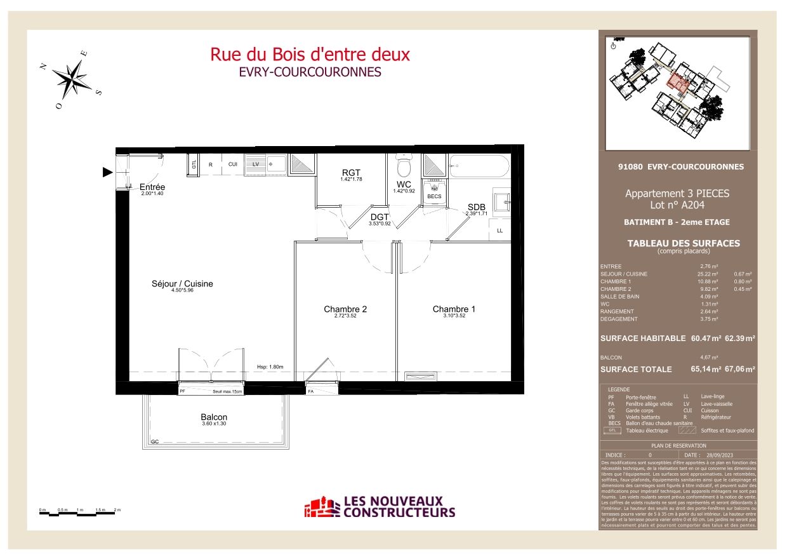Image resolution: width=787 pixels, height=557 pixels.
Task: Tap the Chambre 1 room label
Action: tap(454, 309)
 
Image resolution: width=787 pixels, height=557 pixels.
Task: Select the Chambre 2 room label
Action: tap(345, 309)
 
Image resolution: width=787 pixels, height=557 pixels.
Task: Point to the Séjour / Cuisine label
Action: tap(183, 284)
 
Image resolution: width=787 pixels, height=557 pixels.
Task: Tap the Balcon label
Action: tap(214, 417)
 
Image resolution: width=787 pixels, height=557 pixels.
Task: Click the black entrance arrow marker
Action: tap(108, 171)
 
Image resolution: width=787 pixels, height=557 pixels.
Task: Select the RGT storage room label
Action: tap(350, 172)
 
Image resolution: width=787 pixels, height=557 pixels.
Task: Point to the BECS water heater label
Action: tap(434, 196)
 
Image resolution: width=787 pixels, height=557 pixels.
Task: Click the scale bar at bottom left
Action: tap(80, 512)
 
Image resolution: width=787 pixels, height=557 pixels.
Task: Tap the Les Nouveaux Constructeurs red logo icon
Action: tap(322, 507)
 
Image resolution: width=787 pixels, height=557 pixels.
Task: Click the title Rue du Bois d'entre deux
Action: tap(310, 55)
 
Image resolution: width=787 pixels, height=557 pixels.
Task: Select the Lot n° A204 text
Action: tap(677, 205)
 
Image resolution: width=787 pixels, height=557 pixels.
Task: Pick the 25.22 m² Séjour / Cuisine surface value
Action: tap(708, 274)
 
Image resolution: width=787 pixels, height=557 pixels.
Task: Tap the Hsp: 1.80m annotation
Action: tap(270, 367)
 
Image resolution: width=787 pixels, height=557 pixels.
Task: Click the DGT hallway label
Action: tap(379, 217)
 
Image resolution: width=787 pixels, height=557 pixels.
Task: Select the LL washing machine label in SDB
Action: tap(499, 230)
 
